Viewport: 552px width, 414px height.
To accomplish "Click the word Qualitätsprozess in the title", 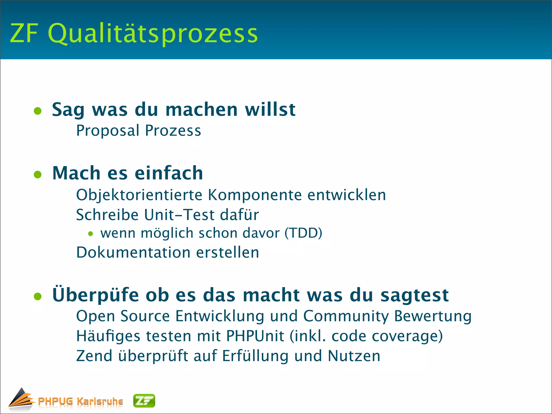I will click(153, 34).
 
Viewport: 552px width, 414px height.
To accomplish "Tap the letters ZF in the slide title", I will click(24, 33).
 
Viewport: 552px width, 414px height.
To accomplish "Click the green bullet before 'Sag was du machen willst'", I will click(38, 111).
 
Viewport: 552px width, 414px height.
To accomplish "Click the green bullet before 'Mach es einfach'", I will click(38, 174).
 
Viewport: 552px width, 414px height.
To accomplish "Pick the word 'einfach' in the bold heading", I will click(169, 173).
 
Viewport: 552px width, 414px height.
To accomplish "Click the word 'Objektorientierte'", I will click(139, 195).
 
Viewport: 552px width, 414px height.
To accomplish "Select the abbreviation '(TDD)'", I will click(303, 233).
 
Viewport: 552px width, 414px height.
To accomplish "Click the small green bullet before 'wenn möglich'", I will click(91, 234).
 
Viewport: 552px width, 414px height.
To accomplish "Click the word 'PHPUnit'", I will click(255, 336).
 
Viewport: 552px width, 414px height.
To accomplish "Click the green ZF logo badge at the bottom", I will click(144, 401).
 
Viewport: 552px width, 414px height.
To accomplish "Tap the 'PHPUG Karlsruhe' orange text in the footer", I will click(80, 401).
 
